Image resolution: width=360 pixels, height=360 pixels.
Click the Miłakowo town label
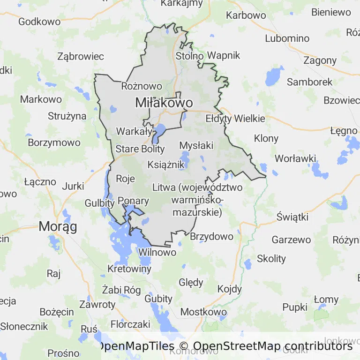tap(164, 103)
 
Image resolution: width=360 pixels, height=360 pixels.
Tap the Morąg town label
tap(58, 226)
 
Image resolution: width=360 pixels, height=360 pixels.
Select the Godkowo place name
tap(39, 22)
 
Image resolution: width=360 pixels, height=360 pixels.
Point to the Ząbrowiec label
tap(80, 56)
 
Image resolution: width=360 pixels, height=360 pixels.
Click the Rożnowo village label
tap(142, 86)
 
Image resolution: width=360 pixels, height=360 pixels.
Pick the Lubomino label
tap(287, 38)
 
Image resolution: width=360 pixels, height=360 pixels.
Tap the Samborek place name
tap(309, 82)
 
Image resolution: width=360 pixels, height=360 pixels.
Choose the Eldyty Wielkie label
tap(235, 119)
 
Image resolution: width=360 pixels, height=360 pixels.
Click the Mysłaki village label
tap(196, 145)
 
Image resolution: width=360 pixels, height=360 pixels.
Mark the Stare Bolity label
tap(140, 149)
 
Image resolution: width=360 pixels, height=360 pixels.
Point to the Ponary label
tap(133, 201)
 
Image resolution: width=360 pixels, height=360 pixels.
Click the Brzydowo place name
tap(211, 236)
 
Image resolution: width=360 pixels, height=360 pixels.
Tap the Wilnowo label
tap(157, 252)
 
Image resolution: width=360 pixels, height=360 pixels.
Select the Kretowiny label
tap(129, 269)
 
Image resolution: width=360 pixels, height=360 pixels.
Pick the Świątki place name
tap(292, 217)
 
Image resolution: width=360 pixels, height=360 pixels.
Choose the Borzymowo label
tap(54, 142)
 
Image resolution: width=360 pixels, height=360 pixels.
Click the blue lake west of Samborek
tap(271, 76)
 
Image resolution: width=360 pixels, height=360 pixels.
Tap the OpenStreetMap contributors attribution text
tap(272, 346)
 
